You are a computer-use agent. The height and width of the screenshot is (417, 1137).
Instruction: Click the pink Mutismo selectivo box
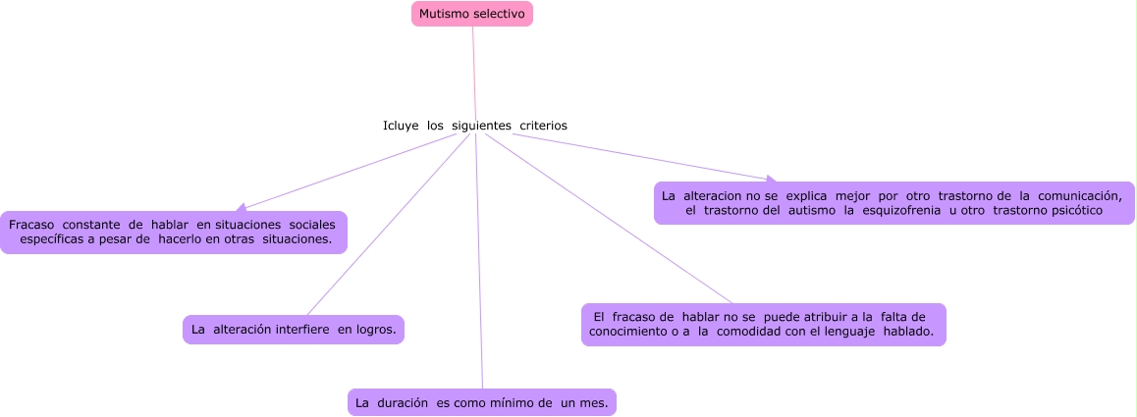pyautogui.click(x=471, y=14)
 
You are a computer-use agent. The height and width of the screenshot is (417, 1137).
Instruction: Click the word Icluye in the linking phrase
pyautogui.click(x=401, y=126)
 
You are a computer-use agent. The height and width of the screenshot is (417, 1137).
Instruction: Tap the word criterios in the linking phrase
pyautogui.click(x=543, y=126)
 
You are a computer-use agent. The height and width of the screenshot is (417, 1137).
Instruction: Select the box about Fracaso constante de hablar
pyautogui.click(x=174, y=233)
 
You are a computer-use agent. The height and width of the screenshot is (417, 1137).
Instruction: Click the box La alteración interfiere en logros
pyautogui.click(x=294, y=330)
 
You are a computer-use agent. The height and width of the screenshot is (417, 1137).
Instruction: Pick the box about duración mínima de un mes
pyautogui.click(x=482, y=402)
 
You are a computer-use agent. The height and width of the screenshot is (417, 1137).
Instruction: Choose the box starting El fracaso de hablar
pyautogui.click(x=763, y=325)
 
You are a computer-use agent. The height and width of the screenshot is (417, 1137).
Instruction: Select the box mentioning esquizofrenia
pyautogui.click(x=893, y=203)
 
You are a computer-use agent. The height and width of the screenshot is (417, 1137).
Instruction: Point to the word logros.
pyautogui.click(x=376, y=330)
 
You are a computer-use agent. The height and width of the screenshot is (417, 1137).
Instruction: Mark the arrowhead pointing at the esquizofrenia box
pyautogui.click(x=771, y=180)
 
